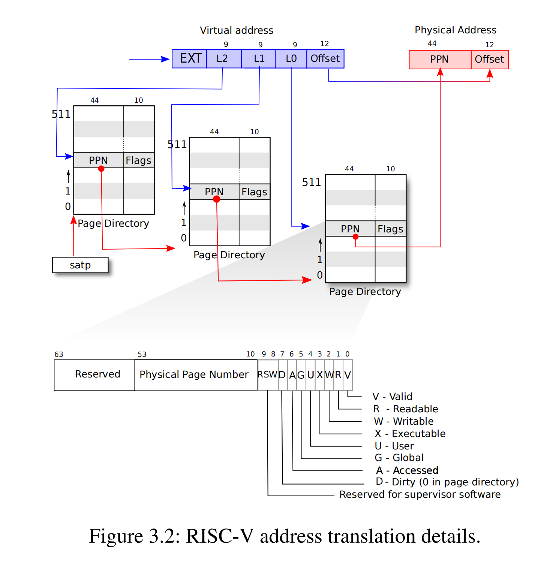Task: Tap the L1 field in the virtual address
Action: coord(259,59)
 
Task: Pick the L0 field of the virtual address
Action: coord(291,59)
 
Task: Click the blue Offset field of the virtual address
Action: coord(325,59)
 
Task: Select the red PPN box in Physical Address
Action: coord(439,60)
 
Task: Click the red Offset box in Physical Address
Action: coord(489,60)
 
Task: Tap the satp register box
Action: coord(80,265)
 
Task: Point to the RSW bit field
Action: coord(267,374)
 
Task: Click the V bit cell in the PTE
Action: coord(348,374)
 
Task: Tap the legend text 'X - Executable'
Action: coord(410,434)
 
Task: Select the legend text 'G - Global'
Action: coord(399,458)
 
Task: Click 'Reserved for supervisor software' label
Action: coord(420,494)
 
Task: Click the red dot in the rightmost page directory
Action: coord(355,237)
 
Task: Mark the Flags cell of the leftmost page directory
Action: coord(138,160)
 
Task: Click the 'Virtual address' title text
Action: coord(237,30)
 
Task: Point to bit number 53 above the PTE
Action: coord(142,354)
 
